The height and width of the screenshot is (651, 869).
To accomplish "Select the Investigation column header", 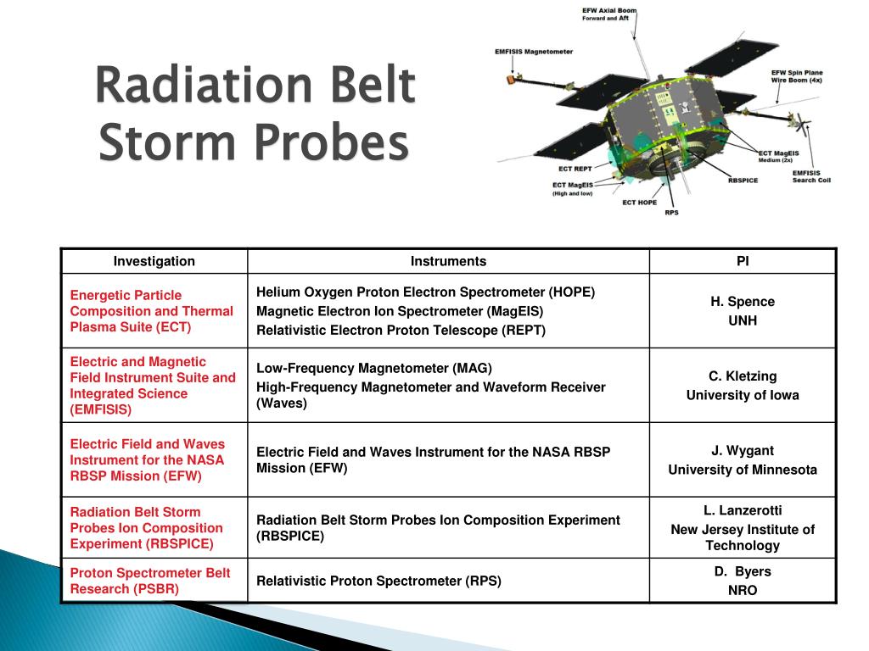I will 154,261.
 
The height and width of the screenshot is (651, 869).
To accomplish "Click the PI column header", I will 743,261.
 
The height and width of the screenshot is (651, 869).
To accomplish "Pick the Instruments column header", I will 448,261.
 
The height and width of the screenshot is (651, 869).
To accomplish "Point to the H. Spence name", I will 743,301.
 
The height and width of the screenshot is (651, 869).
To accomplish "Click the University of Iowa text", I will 743,395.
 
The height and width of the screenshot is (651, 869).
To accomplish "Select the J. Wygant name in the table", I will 743,451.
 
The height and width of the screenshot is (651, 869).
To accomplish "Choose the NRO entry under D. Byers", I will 743,590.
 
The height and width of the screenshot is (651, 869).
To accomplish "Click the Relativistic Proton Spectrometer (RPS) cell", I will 378,581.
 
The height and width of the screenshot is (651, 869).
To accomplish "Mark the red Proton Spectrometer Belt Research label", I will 150,581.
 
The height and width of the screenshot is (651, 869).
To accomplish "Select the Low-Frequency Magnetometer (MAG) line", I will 374,368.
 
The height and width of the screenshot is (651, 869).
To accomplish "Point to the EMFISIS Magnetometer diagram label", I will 534,51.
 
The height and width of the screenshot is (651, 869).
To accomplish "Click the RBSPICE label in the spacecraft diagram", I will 743,180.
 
